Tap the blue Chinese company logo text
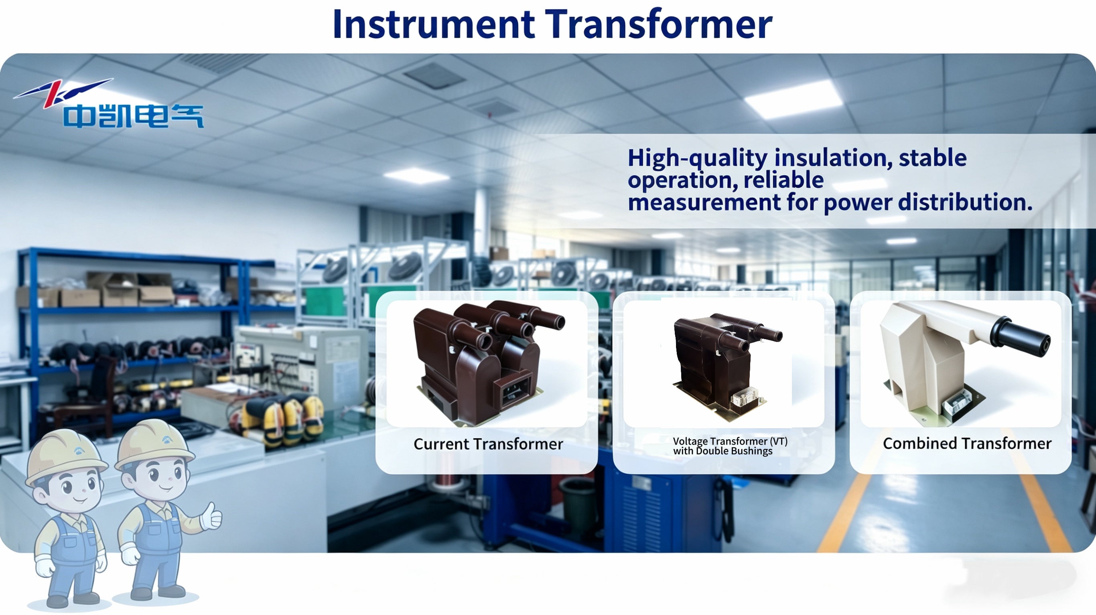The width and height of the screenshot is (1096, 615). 134,116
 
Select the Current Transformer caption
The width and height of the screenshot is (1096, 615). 488,444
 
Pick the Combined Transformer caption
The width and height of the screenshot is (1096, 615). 967,443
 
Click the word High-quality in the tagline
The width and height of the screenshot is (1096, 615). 697,158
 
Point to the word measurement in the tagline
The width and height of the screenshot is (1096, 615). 704,202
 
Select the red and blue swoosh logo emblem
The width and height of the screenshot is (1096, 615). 63,92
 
